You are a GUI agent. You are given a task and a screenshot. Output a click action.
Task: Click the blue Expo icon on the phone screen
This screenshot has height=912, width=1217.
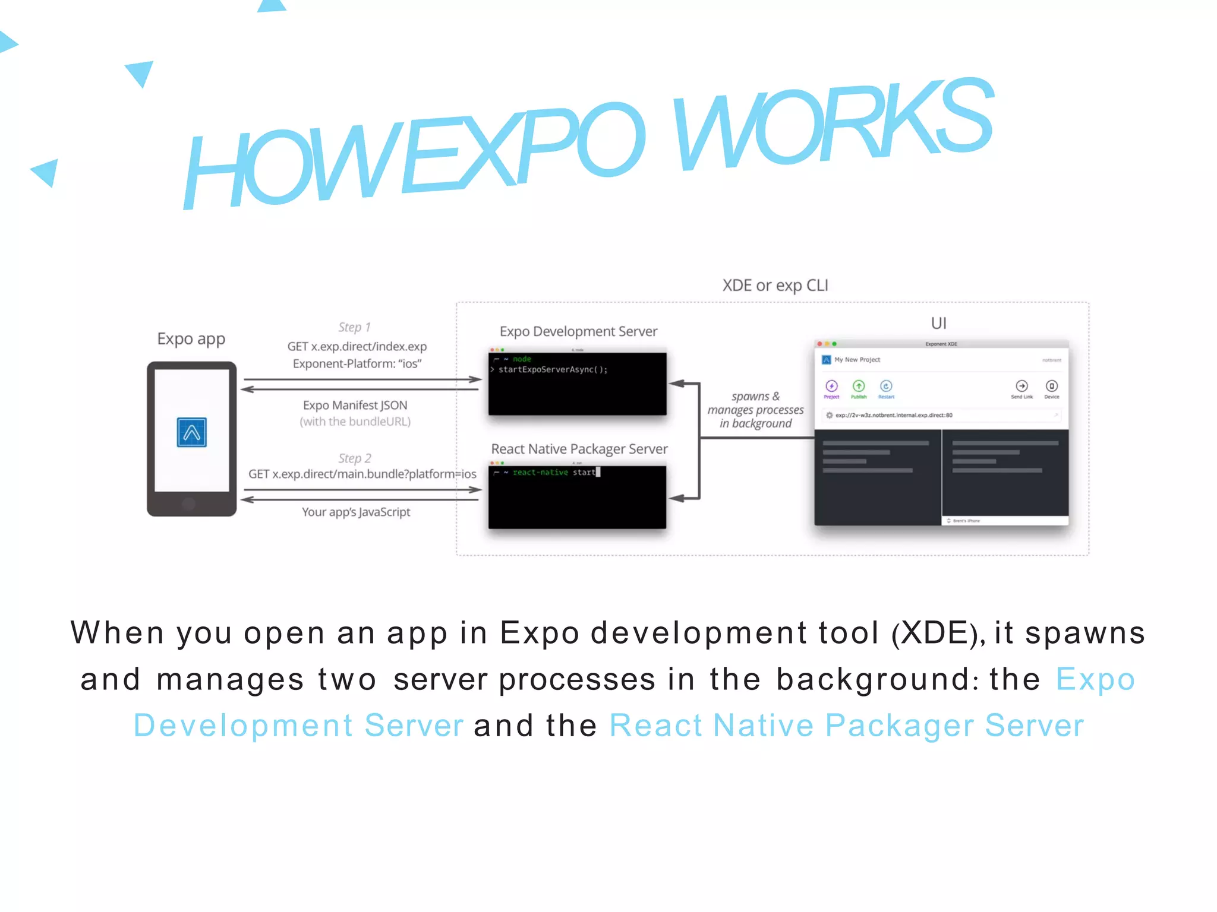(x=191, y=432)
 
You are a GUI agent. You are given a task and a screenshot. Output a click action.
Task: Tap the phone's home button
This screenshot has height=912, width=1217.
(x=189, y=504)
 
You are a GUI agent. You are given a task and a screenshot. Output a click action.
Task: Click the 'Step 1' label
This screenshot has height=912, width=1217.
(x=354, y=327)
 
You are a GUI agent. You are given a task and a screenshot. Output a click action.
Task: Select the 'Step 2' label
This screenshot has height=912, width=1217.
(x=355, y=458)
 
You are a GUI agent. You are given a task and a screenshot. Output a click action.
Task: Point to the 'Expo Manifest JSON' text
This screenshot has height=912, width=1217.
(x=355, y=406)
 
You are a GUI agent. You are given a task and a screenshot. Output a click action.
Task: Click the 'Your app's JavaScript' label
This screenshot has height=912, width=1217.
(x=356, y=512)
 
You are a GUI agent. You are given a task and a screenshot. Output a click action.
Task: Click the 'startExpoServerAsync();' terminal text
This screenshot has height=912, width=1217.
(x=553, y=370)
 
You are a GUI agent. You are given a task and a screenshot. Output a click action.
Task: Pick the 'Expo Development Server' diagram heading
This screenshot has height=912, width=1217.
(x=578, y=331)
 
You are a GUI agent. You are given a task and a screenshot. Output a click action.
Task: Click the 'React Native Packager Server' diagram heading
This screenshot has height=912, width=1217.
(x=579, y=449)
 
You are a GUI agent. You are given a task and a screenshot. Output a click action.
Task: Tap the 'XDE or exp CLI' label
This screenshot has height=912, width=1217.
(x=775, y=286)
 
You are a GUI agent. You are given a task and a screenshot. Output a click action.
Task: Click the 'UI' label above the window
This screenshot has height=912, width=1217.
(x=938, y=323)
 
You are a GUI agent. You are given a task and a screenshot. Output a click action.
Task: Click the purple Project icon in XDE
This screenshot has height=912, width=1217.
(x=831, y=386)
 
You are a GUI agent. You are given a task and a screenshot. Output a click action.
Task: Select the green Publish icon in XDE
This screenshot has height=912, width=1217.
(x=859, y=386)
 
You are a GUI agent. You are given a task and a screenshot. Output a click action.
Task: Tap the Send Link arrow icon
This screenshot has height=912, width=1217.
(x=1021, y=386)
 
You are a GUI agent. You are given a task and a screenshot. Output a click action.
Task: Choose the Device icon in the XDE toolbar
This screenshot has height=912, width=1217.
(x=1051, y=386)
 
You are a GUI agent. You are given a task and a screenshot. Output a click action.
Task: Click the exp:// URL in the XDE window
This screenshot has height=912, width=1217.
(x=894, y=416)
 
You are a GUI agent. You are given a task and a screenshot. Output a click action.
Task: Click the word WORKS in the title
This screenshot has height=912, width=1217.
(x=832, y=125)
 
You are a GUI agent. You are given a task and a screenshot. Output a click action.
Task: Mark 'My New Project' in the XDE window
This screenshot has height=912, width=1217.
(x=857, y=360)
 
